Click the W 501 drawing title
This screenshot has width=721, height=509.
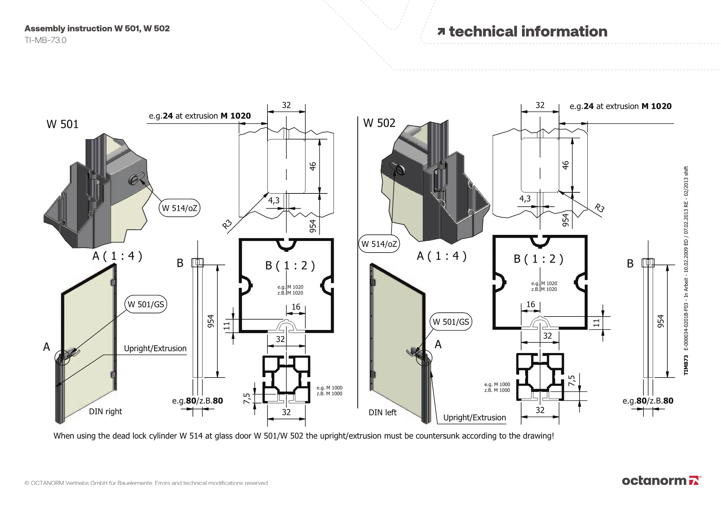62,124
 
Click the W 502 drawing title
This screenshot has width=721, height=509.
379,123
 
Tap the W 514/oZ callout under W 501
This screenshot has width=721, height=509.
179,208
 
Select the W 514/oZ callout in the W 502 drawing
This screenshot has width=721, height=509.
379,244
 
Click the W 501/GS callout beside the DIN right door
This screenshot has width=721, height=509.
146,304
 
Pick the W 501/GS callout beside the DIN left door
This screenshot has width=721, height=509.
451,322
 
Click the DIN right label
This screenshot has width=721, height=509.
105,411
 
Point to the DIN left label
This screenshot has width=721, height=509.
382,412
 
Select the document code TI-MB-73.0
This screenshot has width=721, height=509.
45,40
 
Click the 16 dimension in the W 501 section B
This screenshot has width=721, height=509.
296,307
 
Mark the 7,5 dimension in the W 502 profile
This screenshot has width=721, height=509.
572,381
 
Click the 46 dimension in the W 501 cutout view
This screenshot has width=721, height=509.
313,166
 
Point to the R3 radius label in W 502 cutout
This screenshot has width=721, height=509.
599,208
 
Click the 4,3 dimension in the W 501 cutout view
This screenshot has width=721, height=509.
274,201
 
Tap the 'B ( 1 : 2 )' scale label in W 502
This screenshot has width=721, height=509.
538,259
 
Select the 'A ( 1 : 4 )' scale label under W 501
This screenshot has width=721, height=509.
117,256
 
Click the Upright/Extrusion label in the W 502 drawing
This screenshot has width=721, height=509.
474,418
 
